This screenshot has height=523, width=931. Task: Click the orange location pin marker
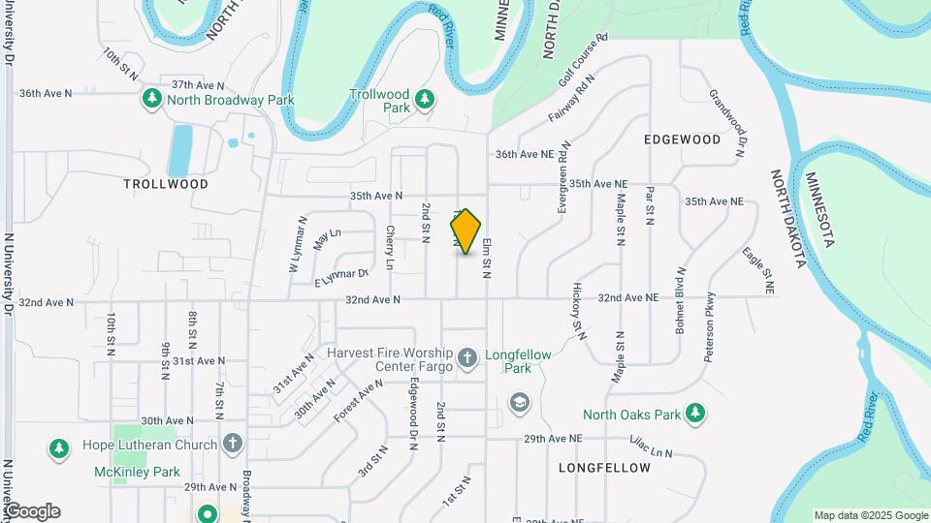click(x=466, y=231)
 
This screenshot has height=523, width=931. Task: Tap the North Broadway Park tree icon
click(x=151, y=99)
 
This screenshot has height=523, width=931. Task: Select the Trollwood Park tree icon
click(x=424, y=99)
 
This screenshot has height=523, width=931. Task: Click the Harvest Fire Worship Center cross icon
click(x=467, y=358)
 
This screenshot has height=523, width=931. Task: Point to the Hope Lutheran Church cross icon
click(x=231, y=445)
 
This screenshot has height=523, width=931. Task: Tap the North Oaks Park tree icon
click(x=694, y=415)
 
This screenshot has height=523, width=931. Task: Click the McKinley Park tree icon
click(x=59, y=448)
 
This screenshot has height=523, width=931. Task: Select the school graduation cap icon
click(x=520, y=402)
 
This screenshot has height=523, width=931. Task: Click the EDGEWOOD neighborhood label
click(x=683, y=139)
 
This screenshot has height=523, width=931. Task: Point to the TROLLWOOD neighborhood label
click(x=166, y=183)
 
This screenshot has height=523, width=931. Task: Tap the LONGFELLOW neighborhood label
click(x=605, y=468)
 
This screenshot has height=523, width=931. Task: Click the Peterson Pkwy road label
click(x=709, y=328)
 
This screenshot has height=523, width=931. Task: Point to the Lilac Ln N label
click(x=651, y=451)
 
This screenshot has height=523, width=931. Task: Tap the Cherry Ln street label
click(x=389, y=247)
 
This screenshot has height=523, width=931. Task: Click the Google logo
click(x=31, y=511)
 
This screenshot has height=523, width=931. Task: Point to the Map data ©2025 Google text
click(x=870, y=515)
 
